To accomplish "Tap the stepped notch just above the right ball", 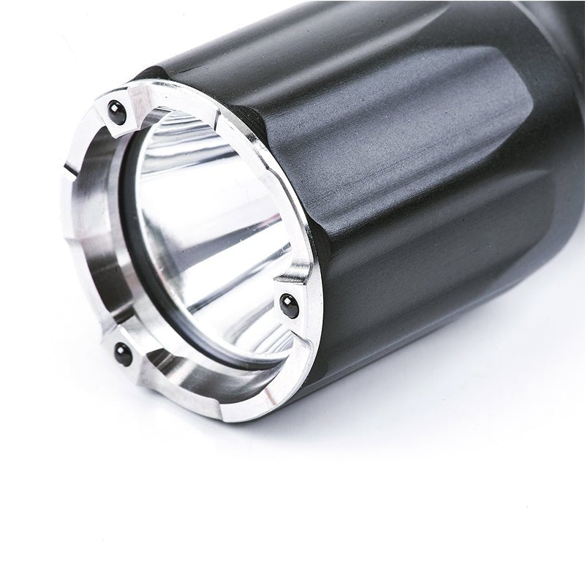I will point(296,274).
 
